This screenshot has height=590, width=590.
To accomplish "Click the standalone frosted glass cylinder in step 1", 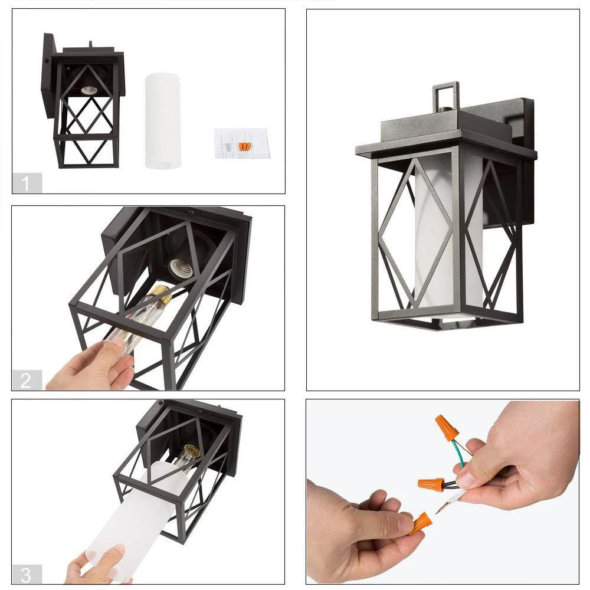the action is click(163, 120).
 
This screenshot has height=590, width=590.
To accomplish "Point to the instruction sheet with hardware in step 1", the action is click(242, 143).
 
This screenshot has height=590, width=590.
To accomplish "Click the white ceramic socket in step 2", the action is click(181, 267).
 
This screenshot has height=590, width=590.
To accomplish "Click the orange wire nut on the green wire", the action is click(446, 427).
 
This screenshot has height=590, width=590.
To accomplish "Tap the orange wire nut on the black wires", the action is click(431, 485).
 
